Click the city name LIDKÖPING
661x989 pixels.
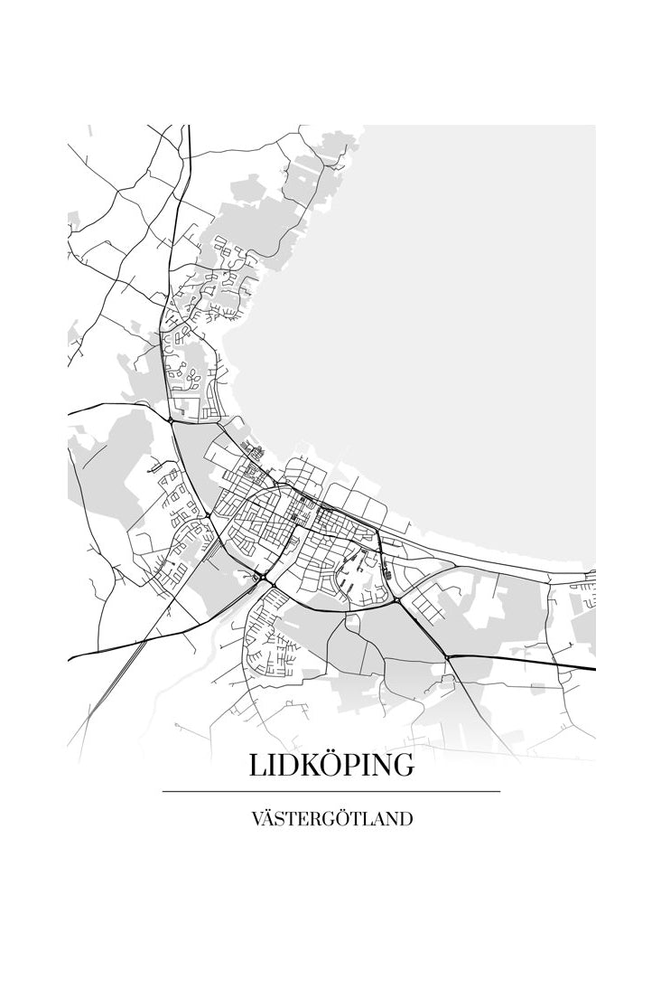[331, 765]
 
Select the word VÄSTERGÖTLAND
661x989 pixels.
[331, 820]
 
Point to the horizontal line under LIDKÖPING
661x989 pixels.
[331, 792]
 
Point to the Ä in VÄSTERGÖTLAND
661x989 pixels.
[269, 820]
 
